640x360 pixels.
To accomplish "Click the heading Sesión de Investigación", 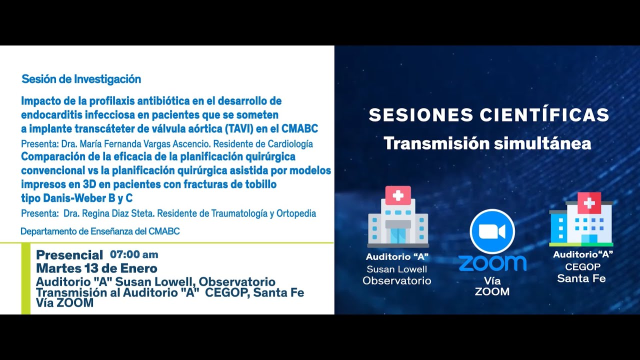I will (x=81, y=79).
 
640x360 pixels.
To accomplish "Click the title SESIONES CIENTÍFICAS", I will (x=488, y=115).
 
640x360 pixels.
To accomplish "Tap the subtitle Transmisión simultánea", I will (x=487, y=143).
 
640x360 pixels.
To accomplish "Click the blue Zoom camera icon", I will (x=492, y=231).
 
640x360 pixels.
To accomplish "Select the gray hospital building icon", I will (x=398, y=220).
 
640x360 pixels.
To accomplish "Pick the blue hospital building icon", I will (x=581, y=220).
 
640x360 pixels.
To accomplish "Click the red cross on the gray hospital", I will (x=398, y=195).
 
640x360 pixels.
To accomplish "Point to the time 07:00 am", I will (x=134, y=254).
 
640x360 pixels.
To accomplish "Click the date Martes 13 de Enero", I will (x=96, y=268).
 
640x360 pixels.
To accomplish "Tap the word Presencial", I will (x=69, y=255).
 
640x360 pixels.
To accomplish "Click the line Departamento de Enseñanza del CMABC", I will (x=100, y=231).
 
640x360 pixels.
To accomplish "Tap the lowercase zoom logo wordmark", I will (x=492, y=262).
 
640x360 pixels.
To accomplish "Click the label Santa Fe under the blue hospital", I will (x=581, y=278).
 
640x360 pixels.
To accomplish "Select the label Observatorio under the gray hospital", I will (x=396, y=280).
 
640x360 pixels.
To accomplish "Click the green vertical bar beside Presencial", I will (x=25, y=278).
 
